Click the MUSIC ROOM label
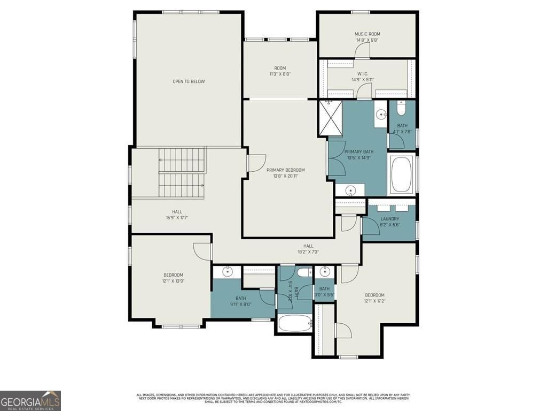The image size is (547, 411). click(x=368, y=34)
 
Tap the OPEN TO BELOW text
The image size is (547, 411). click(x=189, y=81)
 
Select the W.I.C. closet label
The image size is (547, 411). click(x=363, y=73)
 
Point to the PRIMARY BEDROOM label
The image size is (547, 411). click(x=286, y=170)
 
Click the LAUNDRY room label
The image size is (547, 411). click(x=389, y=219)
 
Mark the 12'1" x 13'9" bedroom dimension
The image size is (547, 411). click(x=173, y=281)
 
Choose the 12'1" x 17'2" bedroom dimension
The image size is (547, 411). click(x=374, y=301)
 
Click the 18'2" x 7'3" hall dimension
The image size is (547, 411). click(x=308, y=252)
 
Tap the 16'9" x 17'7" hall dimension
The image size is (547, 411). click(x=177, y=217)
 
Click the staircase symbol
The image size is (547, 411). click(x=182, y=173)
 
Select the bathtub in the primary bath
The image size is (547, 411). click(x=402, y=175)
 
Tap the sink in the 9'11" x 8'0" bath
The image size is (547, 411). click(x=228, y=272)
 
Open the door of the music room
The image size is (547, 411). click(x=362, y=51)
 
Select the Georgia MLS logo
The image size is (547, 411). click(x=30, y=400)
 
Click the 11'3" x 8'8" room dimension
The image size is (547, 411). click(x=280, y=74)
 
